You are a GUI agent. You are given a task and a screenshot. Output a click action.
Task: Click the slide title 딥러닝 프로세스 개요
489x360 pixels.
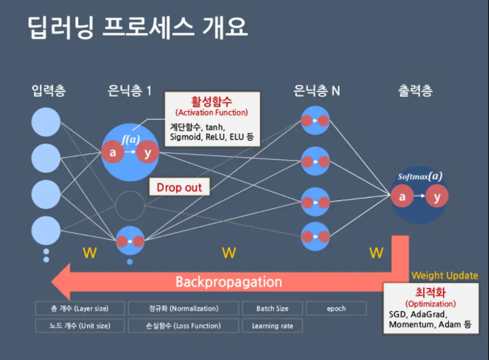click(x=138, y=29)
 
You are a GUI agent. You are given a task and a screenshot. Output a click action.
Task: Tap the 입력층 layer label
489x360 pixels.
click(x=49, y=90)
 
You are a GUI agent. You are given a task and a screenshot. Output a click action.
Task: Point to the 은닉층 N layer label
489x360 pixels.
click(x=317, y=90)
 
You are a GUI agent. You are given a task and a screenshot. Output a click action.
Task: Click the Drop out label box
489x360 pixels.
click(x=179, y=188)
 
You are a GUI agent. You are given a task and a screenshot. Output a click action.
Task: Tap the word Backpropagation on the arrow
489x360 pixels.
click(x=228, y=281)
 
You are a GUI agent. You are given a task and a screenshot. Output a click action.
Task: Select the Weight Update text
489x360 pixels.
click(x=444, y=275)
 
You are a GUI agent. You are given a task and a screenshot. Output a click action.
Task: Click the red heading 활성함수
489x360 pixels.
click(x=211, y=102)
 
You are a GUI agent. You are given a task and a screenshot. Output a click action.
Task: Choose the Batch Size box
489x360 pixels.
click(x=272, y=309)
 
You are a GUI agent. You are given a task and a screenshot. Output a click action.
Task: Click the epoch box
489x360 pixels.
click(x=336, y=309)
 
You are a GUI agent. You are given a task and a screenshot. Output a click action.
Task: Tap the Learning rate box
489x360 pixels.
click(x=272, y=326)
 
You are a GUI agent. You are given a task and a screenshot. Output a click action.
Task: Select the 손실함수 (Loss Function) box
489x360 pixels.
click(x=183, y=326)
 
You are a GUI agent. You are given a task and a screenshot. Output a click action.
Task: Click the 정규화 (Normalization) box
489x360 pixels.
click(x=183, y=309)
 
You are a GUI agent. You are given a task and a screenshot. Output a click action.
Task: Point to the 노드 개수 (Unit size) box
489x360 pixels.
click(x=79, y=326)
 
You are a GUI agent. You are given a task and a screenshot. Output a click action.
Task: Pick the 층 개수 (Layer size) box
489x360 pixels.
click(x=79, y=309)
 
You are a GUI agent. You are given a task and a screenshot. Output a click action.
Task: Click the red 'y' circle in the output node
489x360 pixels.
click(x=437, y=197)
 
